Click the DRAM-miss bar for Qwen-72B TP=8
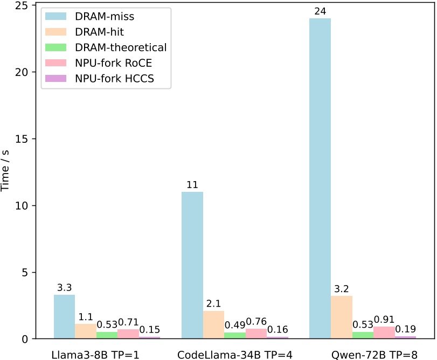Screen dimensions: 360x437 (x=320, y=178)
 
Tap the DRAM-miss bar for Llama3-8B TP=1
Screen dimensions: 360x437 (x=64, y=316)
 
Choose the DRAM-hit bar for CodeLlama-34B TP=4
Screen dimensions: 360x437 (x=213, y=324)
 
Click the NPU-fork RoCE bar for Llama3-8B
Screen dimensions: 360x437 (x=128, y=334)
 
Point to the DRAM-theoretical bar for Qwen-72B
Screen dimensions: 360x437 (x=363, y=335)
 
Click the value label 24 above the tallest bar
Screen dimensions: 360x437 (x=320, y=11)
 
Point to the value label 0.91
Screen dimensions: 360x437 (x=384, y=319)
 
